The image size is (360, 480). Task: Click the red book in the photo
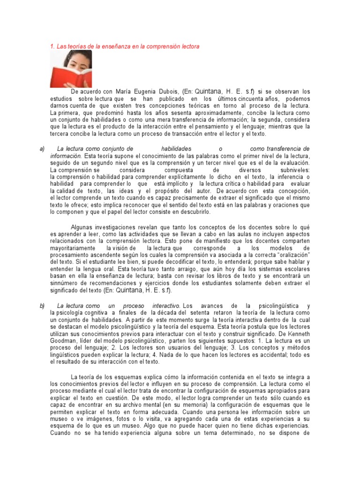pos(66,77)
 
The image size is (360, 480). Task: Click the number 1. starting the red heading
pos(52,46)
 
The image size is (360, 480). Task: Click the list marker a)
pos(42,149)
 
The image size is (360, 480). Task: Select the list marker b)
pos(42,306)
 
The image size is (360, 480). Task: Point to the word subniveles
pos(294,170)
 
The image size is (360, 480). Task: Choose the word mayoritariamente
pos(72,248)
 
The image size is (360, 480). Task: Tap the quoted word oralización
pos(292,255)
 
